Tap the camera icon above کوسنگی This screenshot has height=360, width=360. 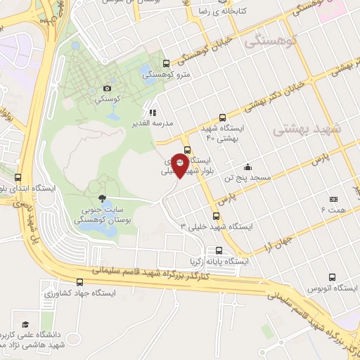(x=107, y=88)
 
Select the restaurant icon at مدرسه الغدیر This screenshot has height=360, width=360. (x=151, y=111)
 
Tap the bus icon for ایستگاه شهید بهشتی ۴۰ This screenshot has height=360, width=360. (x=222, y=118)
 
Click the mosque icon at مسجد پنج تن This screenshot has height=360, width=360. (x=247, y=167)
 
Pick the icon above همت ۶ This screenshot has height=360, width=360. (x=333, y=199)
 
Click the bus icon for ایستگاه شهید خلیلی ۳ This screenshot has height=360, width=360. (x=216, y=216)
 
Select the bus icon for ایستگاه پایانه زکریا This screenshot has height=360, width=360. (x=220, y=250)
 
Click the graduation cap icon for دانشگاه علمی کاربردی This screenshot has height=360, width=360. (x=26, y=324)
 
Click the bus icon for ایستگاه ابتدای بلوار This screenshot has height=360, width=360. (x=18, y=177)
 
